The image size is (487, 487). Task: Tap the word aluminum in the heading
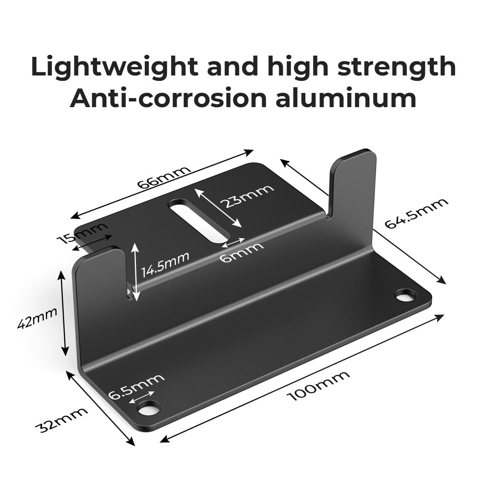tap(346, 99)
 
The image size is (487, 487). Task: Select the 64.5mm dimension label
tap(416, 213)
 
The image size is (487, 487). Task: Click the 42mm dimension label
tap(37, 319)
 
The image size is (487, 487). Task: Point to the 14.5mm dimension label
tap(165, 264)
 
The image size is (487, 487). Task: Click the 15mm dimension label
tap(82, 234)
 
